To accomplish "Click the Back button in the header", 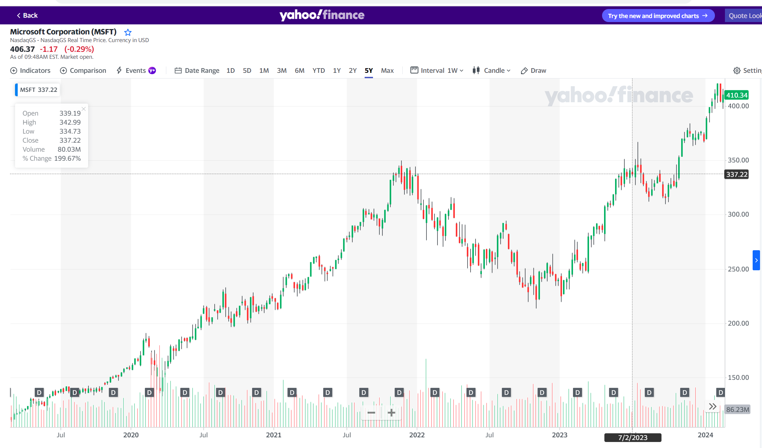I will (x=27, y=15).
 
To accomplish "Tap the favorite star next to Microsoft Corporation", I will (x=128, y=32).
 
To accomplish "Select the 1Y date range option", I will (x=337, y=70).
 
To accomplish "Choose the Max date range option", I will (x=387, y=70).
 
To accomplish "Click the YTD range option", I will (x=318, y=70).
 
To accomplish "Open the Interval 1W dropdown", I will (x=437, y=70).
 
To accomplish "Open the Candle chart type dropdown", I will (x=492, y=70).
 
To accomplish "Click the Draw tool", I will (x=534, y=70).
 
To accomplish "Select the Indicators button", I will (x=30, y=70).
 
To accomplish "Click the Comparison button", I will (x=83, y=70).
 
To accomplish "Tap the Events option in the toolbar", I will (x=136, y=70).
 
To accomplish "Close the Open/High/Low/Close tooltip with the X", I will (x=83, y=109).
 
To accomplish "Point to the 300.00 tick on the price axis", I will (x=738, y=214).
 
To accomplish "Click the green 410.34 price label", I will (x=737, y=95).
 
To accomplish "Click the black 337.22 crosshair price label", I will (x=737, y=174).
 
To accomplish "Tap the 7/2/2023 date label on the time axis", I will (x=632, y=438).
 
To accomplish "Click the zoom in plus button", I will (x=391, y=413).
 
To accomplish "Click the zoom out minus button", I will (x=371, y=413).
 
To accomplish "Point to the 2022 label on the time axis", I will (x=417, y=435).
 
